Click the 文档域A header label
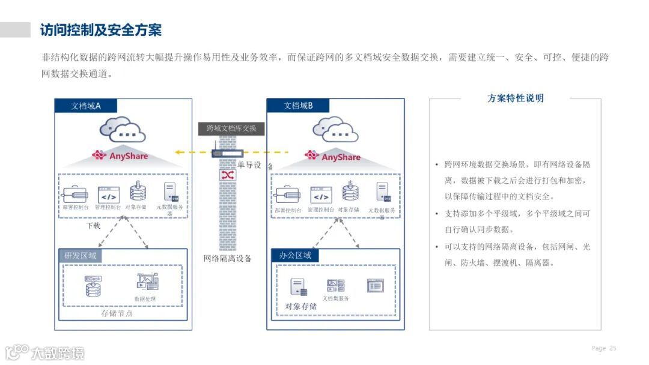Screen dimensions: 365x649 pos(85,106)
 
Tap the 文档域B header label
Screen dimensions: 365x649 pos(298,106)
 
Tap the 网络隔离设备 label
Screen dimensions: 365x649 pos(227,259)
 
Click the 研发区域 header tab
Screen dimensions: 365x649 pos(80,256)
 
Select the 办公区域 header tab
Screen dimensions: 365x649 pos(294,256)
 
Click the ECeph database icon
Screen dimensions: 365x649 pos(94,287)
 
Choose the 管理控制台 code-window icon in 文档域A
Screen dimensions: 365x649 pos(109,195)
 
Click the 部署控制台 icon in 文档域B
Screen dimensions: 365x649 pos(287,195)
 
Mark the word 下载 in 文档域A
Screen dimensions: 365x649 pos(93,226)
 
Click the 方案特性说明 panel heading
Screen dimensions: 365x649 pos(515,98)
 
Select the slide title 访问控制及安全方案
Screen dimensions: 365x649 pos(100,29)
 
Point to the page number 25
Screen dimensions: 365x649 pos(612,348)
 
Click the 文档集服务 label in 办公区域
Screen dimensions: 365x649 pos(335,298)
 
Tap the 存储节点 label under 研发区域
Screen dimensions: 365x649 pos(117,313)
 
